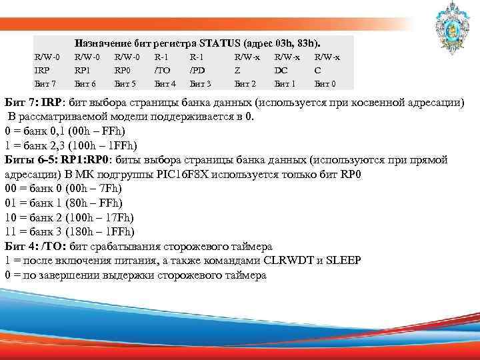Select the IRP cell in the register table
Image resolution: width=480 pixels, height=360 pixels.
coord(42,71)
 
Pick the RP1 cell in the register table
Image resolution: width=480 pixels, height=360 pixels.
coord(83,71)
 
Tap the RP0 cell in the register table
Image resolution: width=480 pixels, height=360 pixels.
coord(123,71)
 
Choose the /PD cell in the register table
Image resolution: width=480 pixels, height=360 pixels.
coord(197,71)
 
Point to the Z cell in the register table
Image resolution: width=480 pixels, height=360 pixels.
coord(238,71)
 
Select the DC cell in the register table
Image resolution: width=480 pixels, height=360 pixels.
coord(280,71)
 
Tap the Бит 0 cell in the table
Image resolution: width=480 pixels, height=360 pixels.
coord(325,84)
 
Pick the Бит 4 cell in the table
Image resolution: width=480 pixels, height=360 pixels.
coord(165,84)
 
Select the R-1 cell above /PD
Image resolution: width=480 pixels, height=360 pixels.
coord(197,58)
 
